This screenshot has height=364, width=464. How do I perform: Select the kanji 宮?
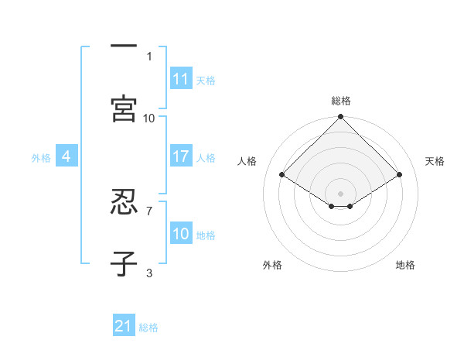point(124,108)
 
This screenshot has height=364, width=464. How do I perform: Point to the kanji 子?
point(124,263)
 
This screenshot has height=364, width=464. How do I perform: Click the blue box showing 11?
point(181,79)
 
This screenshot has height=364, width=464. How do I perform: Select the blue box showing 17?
point(181,156)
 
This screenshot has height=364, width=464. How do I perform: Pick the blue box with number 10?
point(181,234)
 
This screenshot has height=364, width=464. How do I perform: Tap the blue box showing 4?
point(67,156)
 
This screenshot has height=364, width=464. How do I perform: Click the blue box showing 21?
point(124,326)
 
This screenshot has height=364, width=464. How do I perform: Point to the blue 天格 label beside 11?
point(206,80)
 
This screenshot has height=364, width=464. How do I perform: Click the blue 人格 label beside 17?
point(206,157)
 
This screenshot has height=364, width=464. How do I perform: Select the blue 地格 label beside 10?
point(206,235)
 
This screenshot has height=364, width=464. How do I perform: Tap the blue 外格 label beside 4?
point(41,157)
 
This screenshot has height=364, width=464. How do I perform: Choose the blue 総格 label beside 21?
point(148,327)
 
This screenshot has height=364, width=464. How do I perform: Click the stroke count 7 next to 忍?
point(148,210)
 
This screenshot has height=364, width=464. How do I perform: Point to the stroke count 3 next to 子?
point(148,272)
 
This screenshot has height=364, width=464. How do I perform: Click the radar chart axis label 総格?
point(341,101)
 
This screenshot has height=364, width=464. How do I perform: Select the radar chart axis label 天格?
point(435,161)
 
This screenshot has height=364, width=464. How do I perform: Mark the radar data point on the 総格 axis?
point(341,118)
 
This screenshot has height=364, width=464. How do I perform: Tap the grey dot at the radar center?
point(341,192)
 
